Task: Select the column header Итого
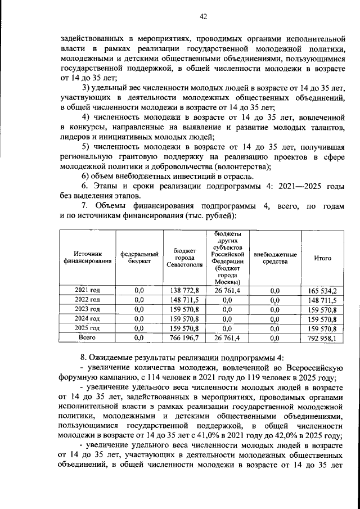pos(322,258)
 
